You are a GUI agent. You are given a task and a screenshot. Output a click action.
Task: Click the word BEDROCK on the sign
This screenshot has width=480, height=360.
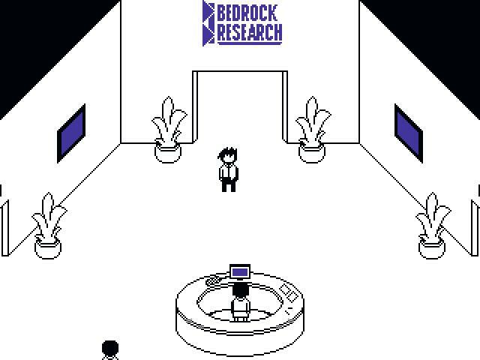(x=248, y=12)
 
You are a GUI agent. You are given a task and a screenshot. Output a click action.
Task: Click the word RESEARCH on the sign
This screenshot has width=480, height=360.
(x=250, y=32)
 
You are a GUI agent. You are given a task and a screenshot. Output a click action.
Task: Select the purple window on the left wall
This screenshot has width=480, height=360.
(x=72, y=133)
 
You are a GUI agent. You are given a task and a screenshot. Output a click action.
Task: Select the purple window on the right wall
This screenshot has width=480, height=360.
(x=409, y=133)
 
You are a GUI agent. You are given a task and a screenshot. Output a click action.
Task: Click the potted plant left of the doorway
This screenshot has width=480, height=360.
(x=168, y=127)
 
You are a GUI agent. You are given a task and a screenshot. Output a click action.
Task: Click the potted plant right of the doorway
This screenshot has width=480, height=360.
(x=312, y=127)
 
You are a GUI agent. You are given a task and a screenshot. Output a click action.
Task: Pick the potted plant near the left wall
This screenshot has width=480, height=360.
(x=49, y=224)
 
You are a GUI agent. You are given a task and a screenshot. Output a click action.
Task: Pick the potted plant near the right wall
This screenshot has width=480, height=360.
(x=432, y=224)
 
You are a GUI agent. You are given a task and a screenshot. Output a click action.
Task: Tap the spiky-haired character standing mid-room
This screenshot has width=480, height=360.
(x=229, y=170)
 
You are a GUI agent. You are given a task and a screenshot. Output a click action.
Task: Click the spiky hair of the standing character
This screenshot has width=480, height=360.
(x=227, y=154)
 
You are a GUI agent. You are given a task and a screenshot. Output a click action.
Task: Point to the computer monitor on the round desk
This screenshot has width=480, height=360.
(x=240, y=271)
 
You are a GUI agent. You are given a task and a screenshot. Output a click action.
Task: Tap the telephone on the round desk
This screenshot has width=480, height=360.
(x=213, y=280)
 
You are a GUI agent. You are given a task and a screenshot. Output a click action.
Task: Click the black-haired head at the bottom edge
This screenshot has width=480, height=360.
(x=110, y=349)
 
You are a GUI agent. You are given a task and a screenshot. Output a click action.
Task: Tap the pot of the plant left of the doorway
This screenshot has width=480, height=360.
(x=168, y=151)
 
